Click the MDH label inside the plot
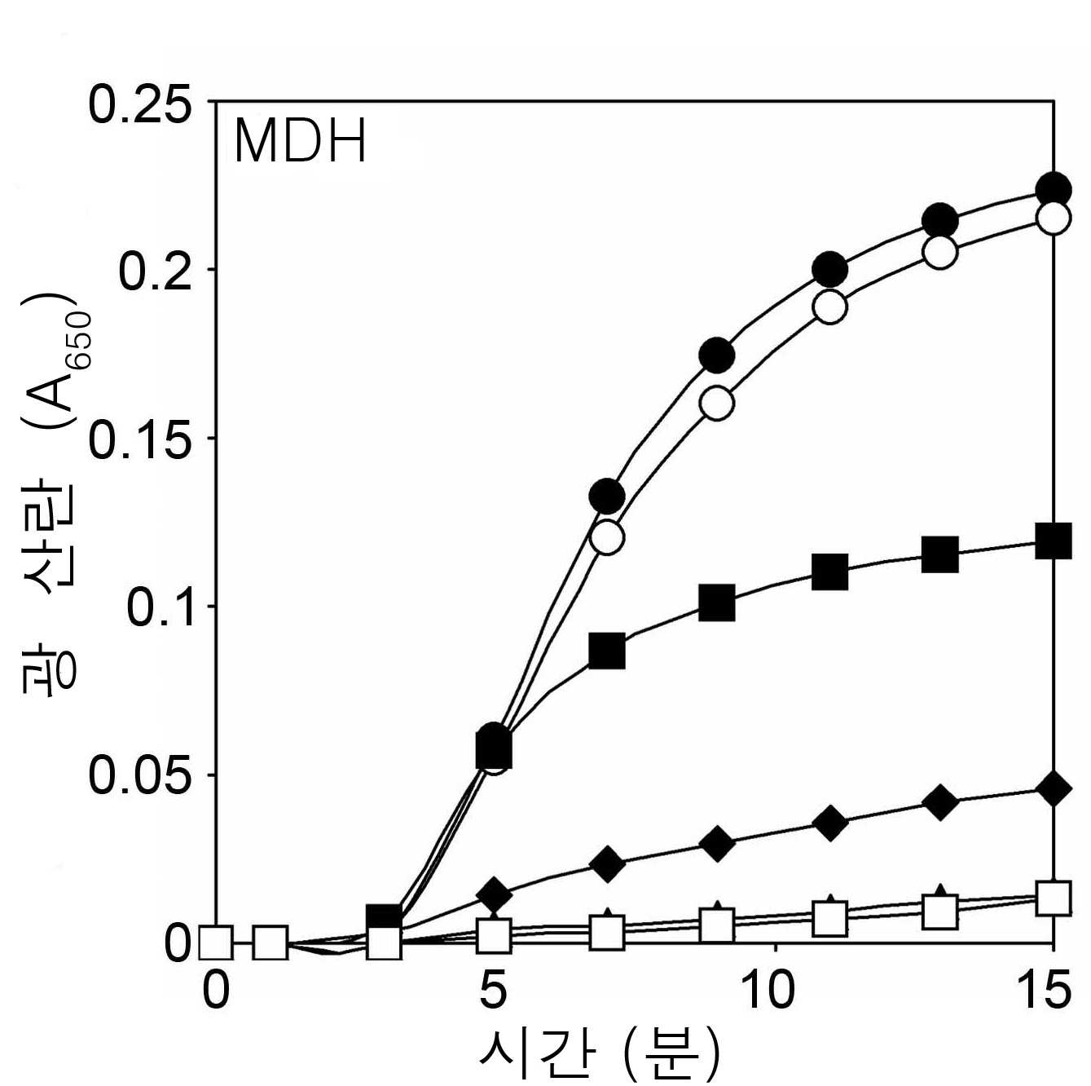pos(300,140)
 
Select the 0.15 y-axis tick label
pos(139,438)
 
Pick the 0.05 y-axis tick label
pos(139,775)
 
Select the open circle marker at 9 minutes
pos(717,403)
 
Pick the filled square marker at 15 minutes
pos(1053,541)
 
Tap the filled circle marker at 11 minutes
pos(829,269)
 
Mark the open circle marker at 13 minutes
pos(939,252)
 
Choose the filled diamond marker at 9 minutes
pos(717,843)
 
